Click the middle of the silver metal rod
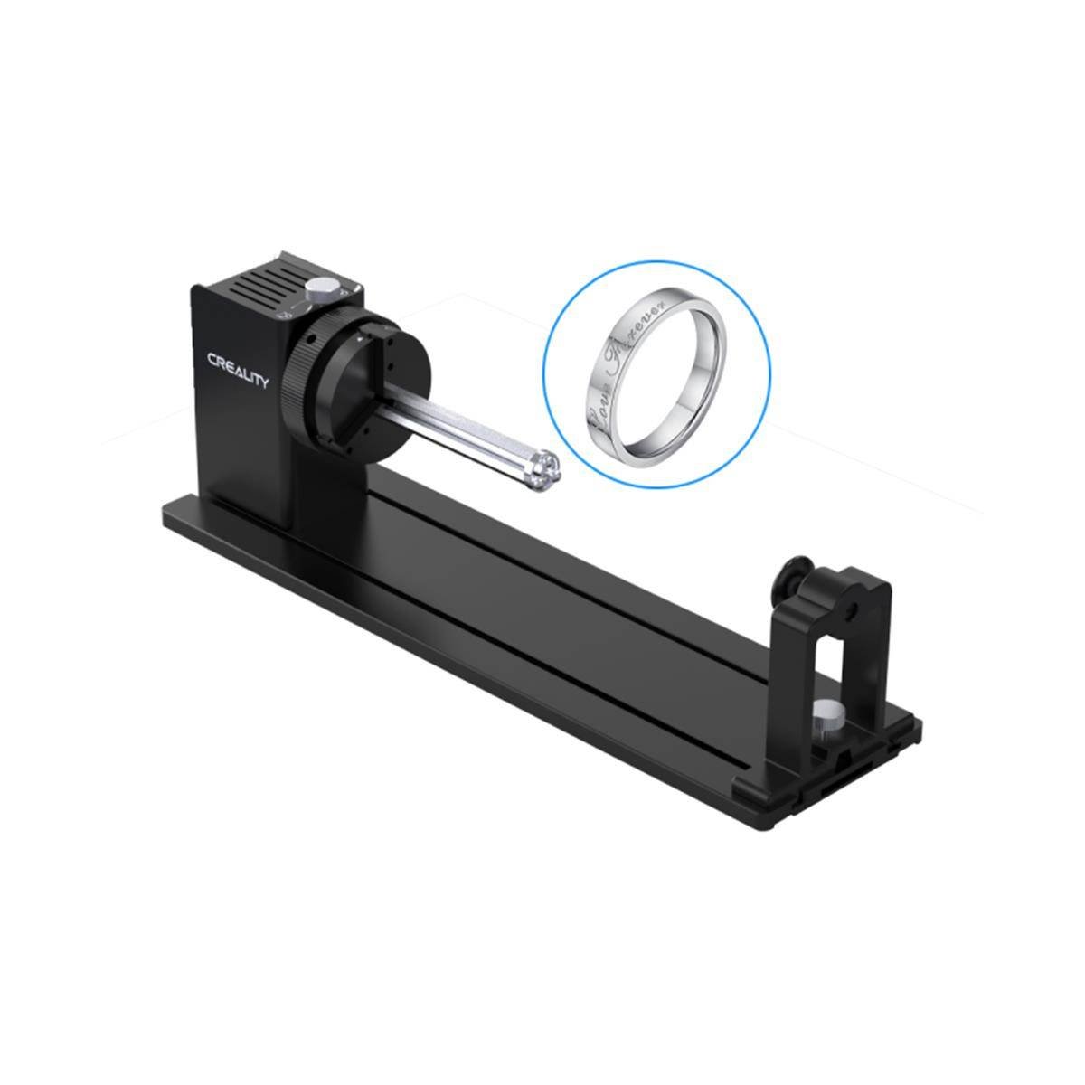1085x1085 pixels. (461, 434)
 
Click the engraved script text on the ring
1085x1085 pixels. (628, 366)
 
